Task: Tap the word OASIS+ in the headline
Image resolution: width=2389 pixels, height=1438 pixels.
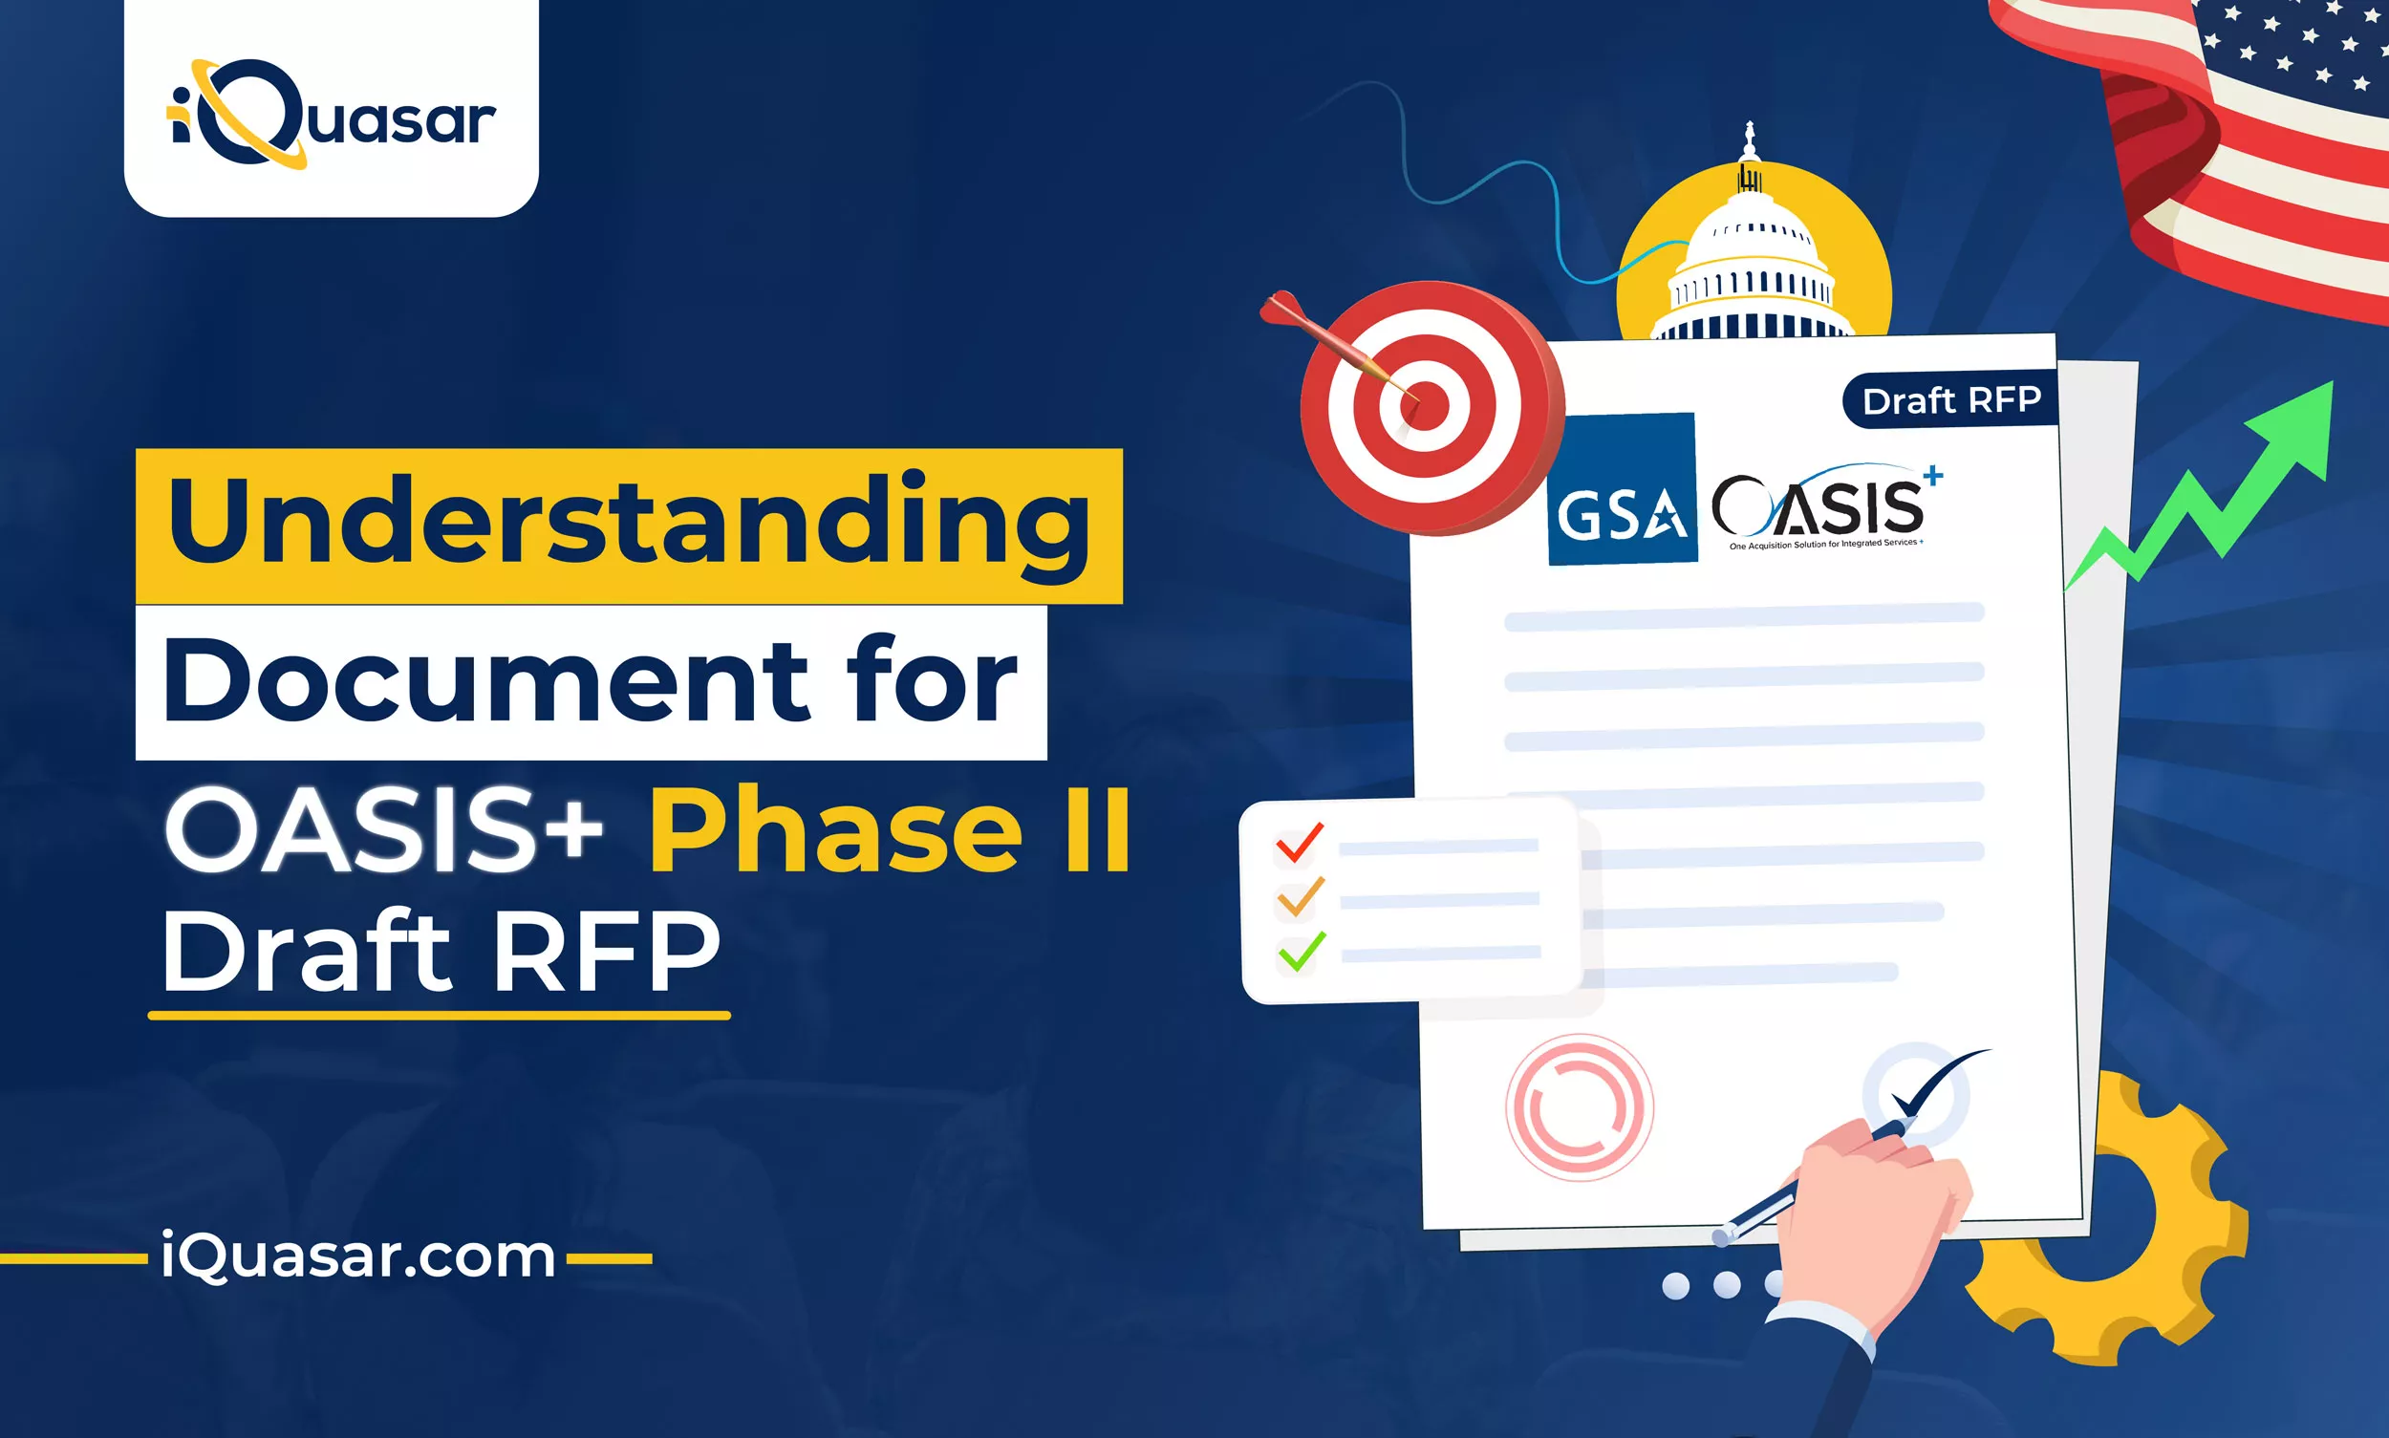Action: [384, 828]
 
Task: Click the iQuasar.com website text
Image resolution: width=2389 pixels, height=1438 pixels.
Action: [357, 1256]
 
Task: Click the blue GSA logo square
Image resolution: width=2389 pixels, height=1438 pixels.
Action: [1623, 489]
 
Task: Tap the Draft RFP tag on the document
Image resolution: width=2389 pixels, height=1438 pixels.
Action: [1951, 400]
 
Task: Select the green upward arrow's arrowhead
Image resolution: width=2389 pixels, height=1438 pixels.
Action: [2293, 426]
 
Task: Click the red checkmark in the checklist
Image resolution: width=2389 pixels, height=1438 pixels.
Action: [1300, 842]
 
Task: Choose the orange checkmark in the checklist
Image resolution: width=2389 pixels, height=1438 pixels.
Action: [1301, 897]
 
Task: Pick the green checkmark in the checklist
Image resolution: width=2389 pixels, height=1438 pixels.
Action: [1302, 952]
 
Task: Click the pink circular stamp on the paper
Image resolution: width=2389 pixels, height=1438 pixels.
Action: [1580, 1106]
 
